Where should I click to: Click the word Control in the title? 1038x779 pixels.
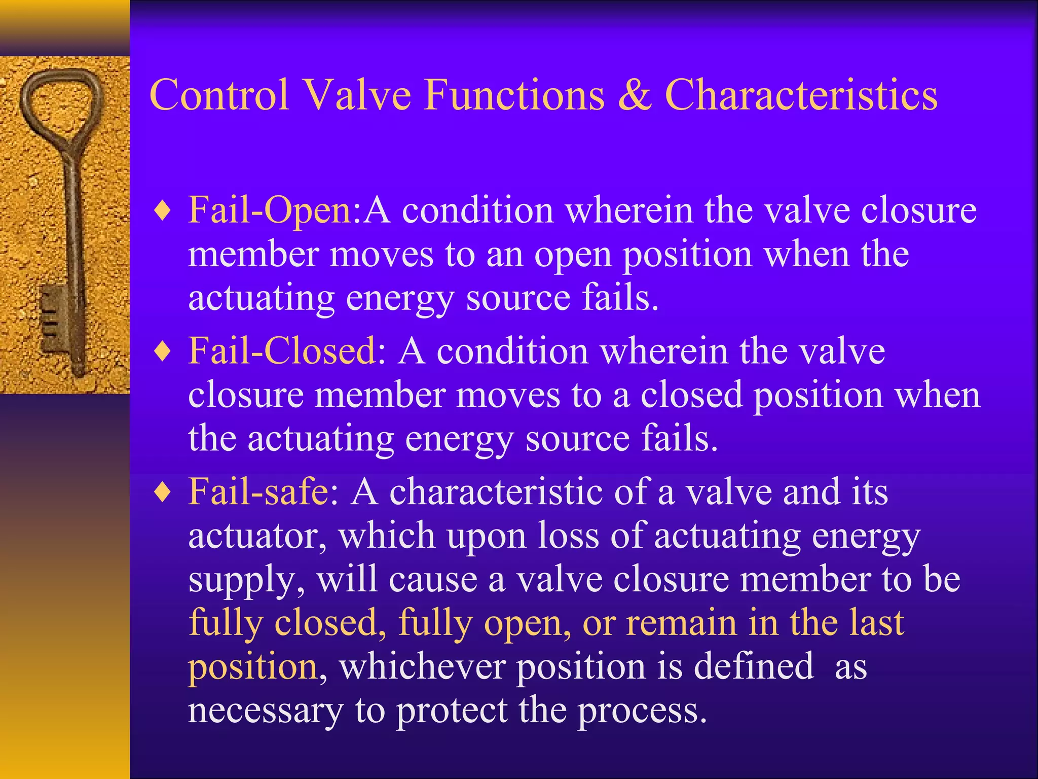(x=219, y=95)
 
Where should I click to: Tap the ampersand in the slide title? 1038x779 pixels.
(x=635, y=95)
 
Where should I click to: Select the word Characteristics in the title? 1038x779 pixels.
(x=801, y=95)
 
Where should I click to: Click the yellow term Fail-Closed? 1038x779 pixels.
(x=282, y=351)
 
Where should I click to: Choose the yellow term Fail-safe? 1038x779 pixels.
(x=258, y=491)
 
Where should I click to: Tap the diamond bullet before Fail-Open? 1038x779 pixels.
(x=163, y=211)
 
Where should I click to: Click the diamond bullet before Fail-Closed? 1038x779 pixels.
(x=163, y=351)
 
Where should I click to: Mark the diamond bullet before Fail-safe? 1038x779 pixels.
(x=163, y=492)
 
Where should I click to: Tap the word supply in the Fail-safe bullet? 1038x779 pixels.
(x=246, y=579)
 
